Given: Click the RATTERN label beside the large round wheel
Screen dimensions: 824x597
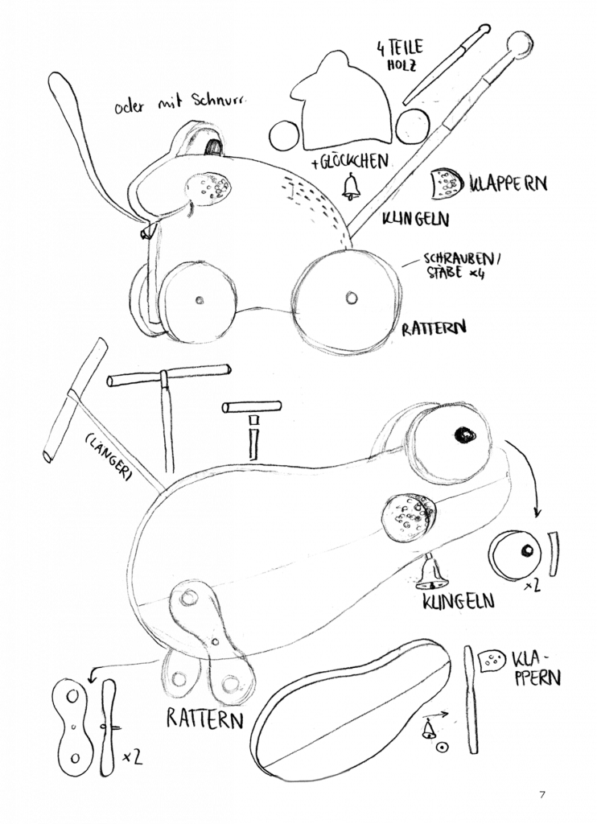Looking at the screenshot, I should coord(435,328).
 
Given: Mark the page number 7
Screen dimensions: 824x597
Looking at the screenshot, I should coord(541,796).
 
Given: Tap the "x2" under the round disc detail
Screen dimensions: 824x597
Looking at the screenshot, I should coord(531,588).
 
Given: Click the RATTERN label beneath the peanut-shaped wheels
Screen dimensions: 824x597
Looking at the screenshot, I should coord(205,719).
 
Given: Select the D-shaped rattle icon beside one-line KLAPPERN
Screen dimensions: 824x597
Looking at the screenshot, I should coord(445,184).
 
